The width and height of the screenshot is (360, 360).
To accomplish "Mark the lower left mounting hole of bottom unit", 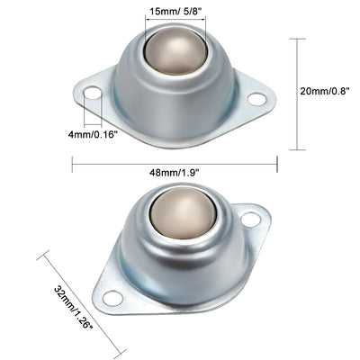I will [x=111, y=298].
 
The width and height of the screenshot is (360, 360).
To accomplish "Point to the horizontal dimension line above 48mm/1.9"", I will [x=174, y=162].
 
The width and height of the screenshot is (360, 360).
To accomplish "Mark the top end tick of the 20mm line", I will [x=298, y=39].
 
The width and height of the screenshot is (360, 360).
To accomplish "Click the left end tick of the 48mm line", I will [x=72, y=162].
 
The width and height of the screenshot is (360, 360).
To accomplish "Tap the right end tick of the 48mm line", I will [x=276, y=162].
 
